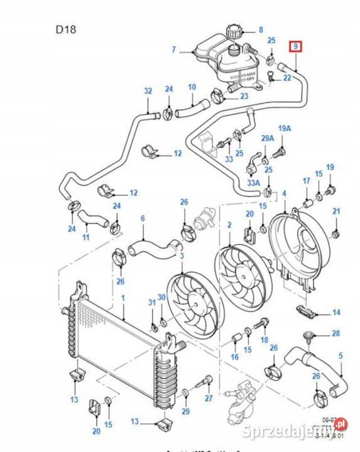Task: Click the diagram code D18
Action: [66, 29]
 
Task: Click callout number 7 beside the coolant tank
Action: [175, 50]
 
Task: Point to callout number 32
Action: [148, 91]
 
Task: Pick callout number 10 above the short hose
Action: [192, 87]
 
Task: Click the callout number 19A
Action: [285, 129]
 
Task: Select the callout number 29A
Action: [268, 138]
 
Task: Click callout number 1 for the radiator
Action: [123, 298]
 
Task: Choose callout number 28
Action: [335, 333]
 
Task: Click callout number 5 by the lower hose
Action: [341, 356]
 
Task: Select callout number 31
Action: [151, 303]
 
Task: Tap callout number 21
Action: [336, 211]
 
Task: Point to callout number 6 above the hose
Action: [143, 218]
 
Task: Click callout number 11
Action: [85, 238]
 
